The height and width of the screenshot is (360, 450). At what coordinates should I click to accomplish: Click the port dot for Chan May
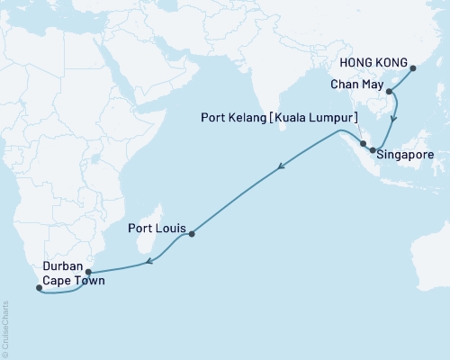coord(388,91)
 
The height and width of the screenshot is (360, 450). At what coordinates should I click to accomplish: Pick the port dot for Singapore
coord(372,150)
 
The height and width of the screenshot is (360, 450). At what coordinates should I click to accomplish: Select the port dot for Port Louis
coord(192,234)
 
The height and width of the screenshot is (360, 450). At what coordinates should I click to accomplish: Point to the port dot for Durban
coord(88,269)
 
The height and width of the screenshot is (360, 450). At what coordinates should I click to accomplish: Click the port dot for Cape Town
coord(39,288)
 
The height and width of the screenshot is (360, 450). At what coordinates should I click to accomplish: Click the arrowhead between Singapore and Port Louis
coord(282,166)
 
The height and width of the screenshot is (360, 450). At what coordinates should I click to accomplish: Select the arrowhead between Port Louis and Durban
coord(149,262)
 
